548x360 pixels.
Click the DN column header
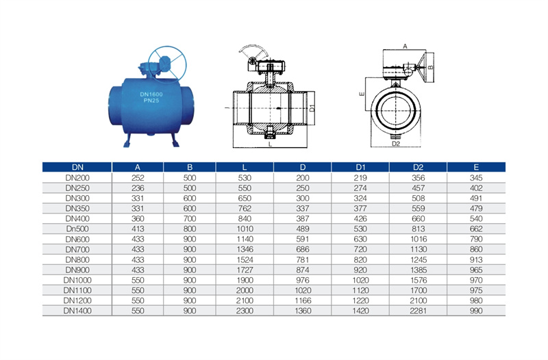(77, 167)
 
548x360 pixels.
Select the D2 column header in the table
(418, 167)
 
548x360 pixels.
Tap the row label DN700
(77, 250)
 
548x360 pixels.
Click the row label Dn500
(77, 229)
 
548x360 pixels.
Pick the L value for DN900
(245, 270)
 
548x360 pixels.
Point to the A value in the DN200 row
(138, 178)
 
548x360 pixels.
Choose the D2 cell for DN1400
(418, 311)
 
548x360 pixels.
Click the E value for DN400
(476, 219)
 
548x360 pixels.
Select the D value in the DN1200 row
(303, 300)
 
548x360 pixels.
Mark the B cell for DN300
(190, 198)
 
